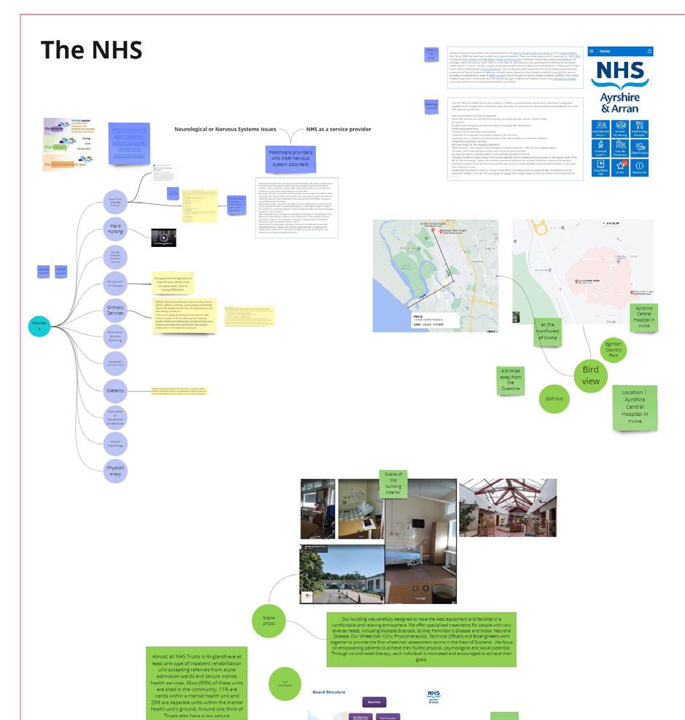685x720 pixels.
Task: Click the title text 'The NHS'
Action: (x=90, y=50)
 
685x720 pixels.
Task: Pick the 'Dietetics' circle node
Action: (x=115, y=391)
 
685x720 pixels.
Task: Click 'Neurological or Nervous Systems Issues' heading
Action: (x=226, y=129)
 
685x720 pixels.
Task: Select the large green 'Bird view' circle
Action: (x=591, y=375)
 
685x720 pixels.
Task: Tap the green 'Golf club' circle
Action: (x=555, y=399)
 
